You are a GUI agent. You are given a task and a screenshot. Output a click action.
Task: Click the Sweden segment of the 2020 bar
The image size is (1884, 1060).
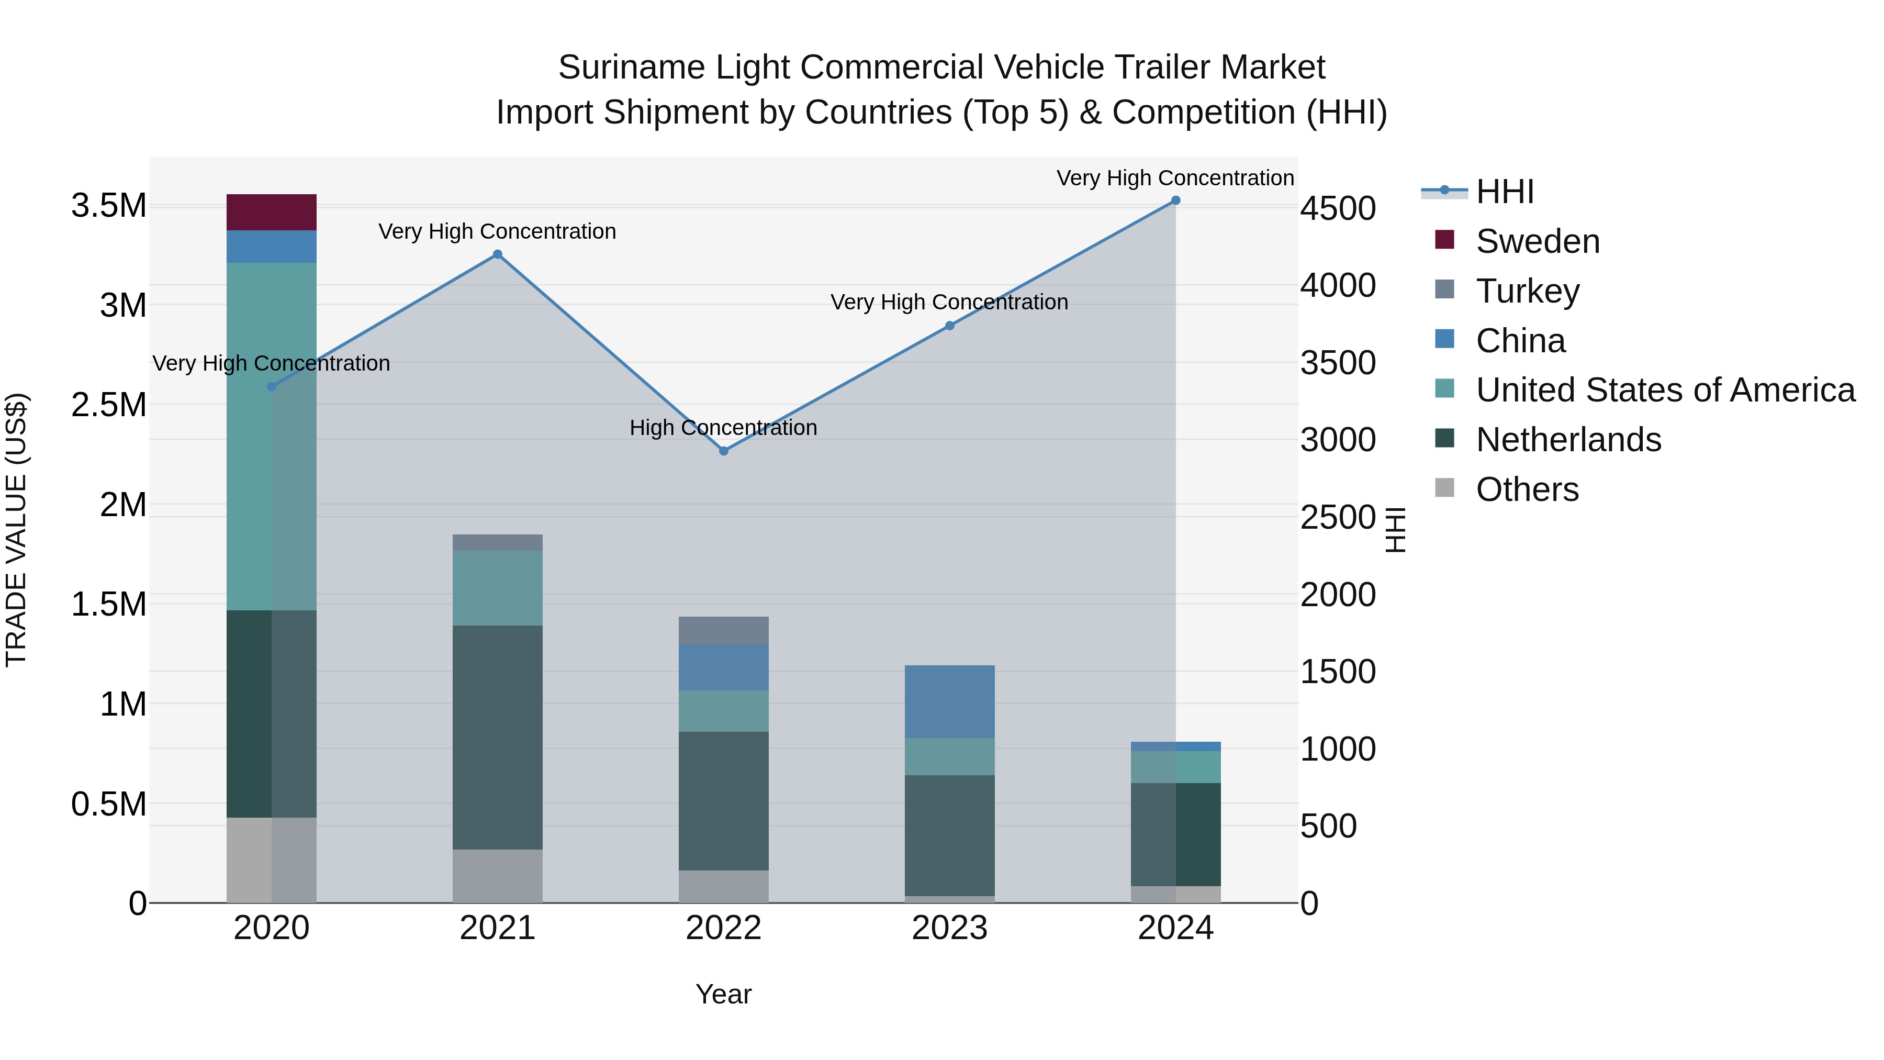pyautogui.click(x=271, y=212)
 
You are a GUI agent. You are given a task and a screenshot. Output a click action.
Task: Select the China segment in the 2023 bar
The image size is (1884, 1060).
pyautogui.click(x=949, y=701)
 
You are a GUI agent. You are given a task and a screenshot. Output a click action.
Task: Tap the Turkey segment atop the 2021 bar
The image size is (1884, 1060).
pyautogui.click(x=497, y=542)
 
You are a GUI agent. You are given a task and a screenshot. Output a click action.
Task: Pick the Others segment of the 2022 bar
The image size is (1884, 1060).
pyautogui.click(x=723, y=886)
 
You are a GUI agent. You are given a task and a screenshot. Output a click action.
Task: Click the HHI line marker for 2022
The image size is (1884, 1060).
pyautogui.click(x=723, y=451)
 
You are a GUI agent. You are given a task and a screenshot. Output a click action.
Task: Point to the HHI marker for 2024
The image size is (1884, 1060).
pyautogui.click(x=1175, y=200)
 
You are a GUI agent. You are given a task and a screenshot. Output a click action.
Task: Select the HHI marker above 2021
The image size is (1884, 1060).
pyautogui.click(x=497, y=254)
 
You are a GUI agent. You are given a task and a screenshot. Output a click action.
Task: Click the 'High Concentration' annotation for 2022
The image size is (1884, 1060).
pyautogui.click(x=723, y=427)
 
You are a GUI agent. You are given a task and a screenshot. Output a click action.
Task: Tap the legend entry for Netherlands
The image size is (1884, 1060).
pyautogui.click(x=1568, y=440)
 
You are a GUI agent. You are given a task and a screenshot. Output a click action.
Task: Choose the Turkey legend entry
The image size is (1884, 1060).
pyautogui.click(x=1527, y=291)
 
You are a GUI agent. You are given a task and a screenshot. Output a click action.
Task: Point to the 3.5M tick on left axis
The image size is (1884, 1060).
pyautogui.click(x=108, y=206)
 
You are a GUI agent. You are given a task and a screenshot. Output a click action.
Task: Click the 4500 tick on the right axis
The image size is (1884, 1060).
pyautogui.click(x=1338, y=208)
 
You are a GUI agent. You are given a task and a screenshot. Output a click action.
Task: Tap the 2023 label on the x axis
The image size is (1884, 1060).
pyautogui.click(x=949, y=928)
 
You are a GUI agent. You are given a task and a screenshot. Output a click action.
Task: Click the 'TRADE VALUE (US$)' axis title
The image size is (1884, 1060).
pyautogui.click(x=16, y=530)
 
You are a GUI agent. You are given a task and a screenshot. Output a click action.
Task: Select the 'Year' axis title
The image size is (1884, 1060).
pyautogui.click(x=723, y=994)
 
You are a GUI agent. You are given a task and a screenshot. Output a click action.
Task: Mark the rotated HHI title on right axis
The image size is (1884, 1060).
pyautogui.click(x=1395, y=530)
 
